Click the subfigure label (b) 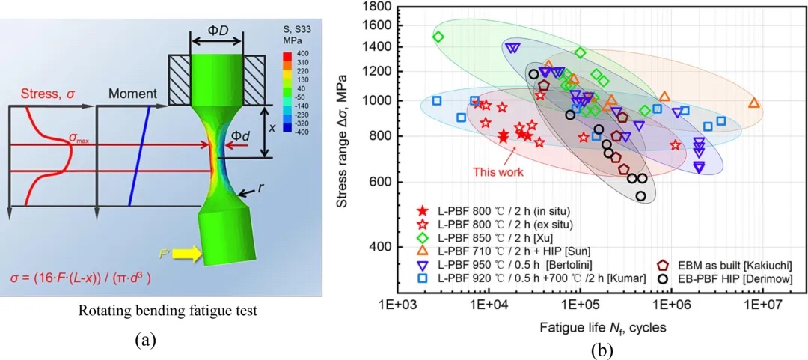click(x=581, y=350)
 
